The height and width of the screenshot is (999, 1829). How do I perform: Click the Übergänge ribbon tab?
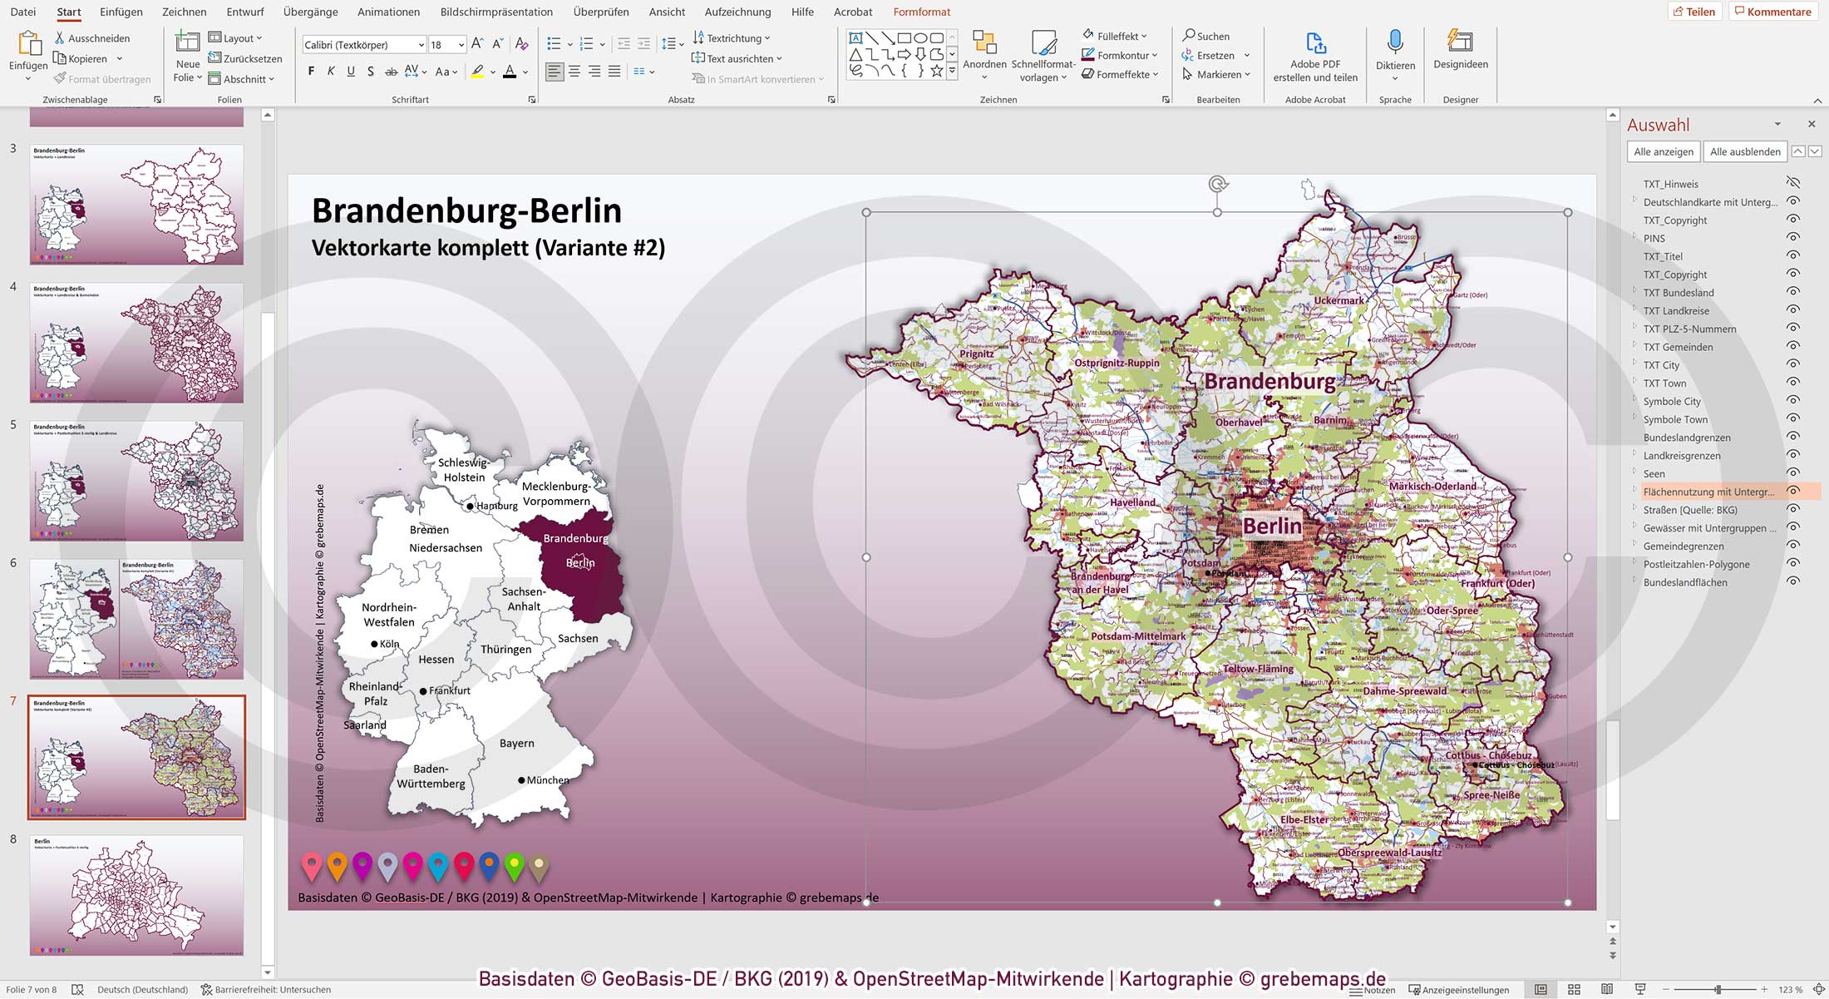click(x=310, y=12)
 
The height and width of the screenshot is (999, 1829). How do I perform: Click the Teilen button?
click(x=1694, y=12)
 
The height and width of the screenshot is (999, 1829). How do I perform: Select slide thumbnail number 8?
click(x=136, y=895)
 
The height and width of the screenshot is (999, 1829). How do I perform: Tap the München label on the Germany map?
click(x=548, y=780)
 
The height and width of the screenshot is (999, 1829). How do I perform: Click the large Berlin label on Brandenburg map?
click(x=1272, y=526)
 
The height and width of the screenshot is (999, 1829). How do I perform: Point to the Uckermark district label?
click(x=1338, y=300)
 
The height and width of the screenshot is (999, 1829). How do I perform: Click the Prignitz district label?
click(x=977, y=354)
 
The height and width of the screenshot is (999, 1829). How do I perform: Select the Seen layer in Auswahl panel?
click(x=1654, y=473)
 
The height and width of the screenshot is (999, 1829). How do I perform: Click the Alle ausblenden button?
click(x=1744, y=151)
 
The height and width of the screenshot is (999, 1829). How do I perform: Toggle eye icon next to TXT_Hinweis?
click(x=1793, y=183)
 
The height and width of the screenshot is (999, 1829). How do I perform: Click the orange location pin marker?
click(x=337, y=865)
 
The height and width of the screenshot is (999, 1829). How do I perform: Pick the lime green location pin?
click(x=515, y=865)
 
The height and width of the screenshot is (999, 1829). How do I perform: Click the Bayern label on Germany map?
click(x=516, y=743)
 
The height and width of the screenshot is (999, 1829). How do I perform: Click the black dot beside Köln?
click(x=374, y=644)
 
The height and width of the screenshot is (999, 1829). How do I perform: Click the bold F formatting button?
click(x=311, y=72)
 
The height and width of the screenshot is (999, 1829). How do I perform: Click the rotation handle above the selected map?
click(x=1217, y=185)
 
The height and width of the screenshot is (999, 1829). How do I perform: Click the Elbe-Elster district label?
click(x=1304, y=819)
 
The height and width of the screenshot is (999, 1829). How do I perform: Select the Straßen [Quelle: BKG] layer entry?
click(x=1689, y=510)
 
